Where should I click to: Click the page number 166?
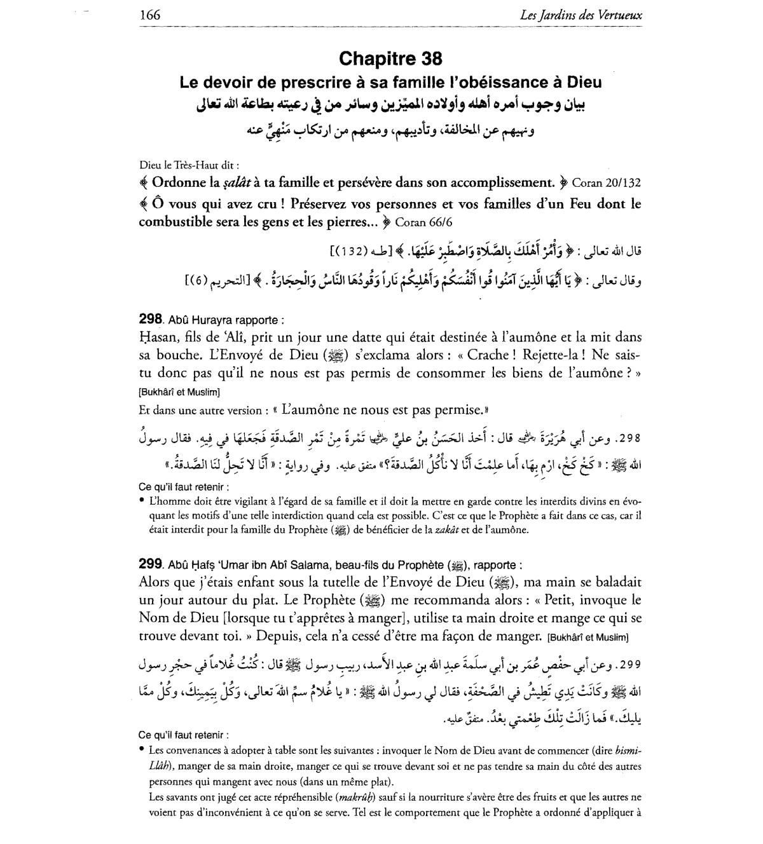pos(150,15)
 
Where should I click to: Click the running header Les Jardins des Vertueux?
pos(581,15)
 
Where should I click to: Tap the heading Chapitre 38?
pos(390,58)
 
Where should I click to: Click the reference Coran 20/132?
pos(607,183)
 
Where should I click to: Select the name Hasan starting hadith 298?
pos(156,337)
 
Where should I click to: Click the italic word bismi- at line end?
pos(626,750)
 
